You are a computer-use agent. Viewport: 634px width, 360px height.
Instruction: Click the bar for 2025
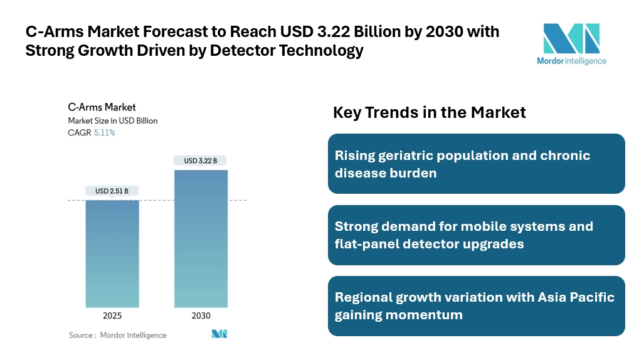click(x=112, y=253)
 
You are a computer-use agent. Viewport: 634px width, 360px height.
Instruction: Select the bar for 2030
click(x=201, y=239)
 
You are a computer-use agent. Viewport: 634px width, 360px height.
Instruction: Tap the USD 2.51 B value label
click(x=112, y=191)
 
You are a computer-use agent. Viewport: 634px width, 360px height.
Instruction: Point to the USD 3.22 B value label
click(x=201, y=161)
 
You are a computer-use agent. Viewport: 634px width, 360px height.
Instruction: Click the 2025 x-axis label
click(x=112, y=315)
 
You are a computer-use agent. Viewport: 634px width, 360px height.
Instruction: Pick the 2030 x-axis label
click(x=201, y=315)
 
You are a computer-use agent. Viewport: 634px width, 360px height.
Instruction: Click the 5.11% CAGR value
click(x=105, y=133)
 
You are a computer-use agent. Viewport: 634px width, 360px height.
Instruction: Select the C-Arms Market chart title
click(x=102, y=107)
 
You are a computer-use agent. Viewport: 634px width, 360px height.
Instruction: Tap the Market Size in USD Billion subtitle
click(x=113, y=120)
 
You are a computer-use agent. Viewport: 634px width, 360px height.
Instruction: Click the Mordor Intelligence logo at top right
click(x=571, y=44)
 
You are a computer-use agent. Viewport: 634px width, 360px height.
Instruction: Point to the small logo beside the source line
click(x=219, y=334)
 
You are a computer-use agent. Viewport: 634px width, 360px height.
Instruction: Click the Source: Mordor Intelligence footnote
click(x=118, y=335)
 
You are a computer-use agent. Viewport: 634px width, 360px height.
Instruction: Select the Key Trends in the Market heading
click(x=430, y=112)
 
